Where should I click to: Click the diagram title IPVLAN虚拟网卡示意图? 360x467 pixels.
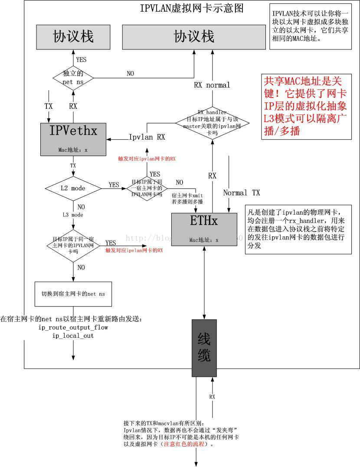click(191, 8)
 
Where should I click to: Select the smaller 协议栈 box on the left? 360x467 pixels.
click(73, 36)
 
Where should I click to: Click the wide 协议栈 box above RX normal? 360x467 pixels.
click(193, 36)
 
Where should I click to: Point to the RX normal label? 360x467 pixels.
click(212, 85)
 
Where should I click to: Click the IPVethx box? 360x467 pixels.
click(73, 139)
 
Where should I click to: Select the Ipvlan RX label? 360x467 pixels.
click(147, 137)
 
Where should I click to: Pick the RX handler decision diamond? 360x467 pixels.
click(212, 123)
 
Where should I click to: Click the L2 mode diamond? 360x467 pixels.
click(73, 188)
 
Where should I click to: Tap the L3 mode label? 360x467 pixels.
click(73, 215)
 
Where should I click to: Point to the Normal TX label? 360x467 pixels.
click(242, 193)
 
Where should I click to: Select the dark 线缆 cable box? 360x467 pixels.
click(204, 348)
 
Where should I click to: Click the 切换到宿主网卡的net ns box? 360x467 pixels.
click(73, 294)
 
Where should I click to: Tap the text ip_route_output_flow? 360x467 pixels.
click(73, 327)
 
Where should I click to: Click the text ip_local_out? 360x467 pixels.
click(73, 336)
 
